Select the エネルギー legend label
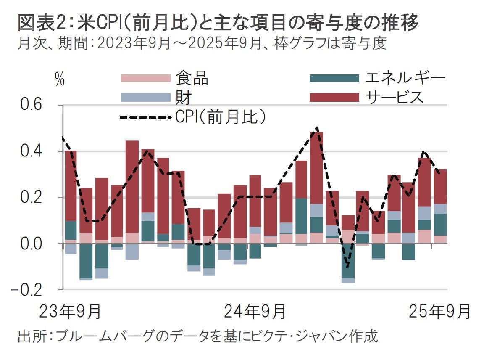click(405, 78)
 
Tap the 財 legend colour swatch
click(145, 98)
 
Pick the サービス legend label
click(393, 98)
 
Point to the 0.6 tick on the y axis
click(31, 105)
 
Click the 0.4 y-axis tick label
click(31, 151)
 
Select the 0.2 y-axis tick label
click(31, 197)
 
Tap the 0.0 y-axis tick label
click(31, 243)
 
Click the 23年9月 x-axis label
click(70, 312)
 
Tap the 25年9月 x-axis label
click(439, 312)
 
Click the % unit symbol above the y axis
click(60, 80)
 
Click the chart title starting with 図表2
click(218, 24)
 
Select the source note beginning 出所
click(197, 336)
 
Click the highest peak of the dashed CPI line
click(317, 127)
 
